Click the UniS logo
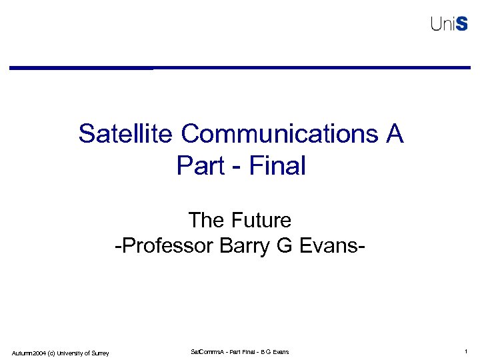[x=449, y=24]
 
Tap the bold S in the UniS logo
[x=463, y=24]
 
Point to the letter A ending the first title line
[x=393, y=134]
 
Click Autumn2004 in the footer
[x=29, y=352]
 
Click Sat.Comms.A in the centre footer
[x=208, y=351]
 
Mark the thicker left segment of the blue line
[x=80, y=68]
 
